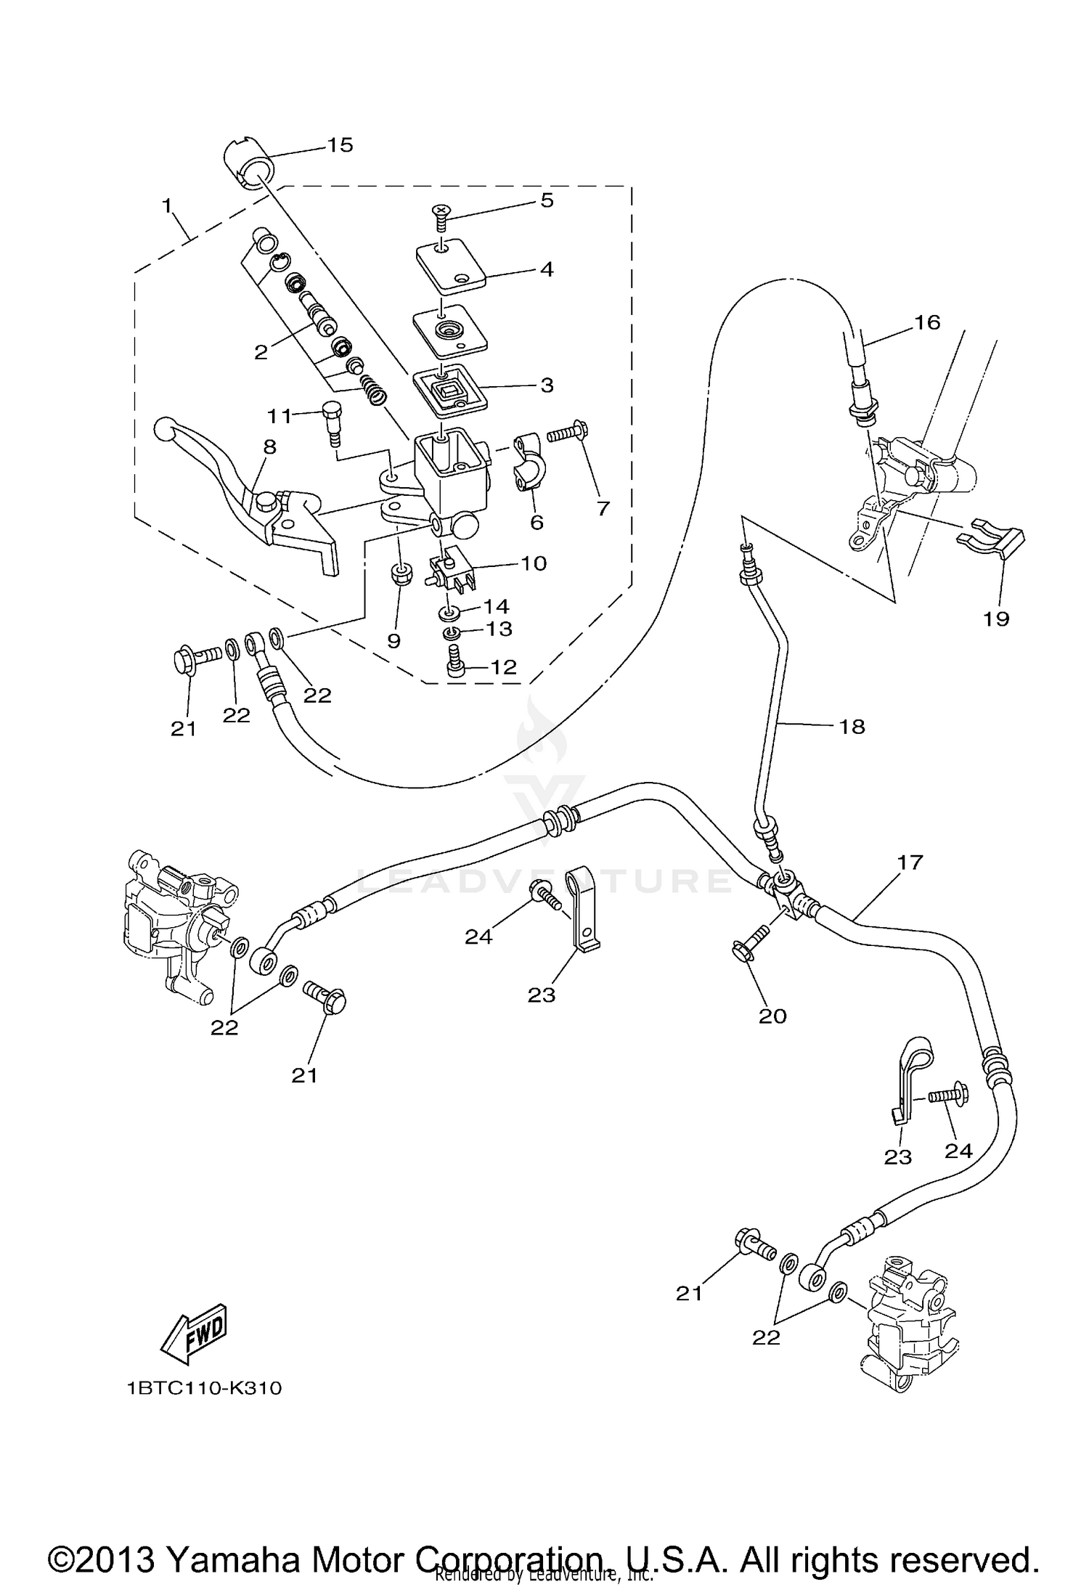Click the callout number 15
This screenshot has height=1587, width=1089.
click(x=339, y=145)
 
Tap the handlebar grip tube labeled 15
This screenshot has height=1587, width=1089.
click(x=247, y=165)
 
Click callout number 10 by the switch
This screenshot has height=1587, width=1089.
click(x=534, y=563)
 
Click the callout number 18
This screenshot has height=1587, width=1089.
click(x=852, y=726)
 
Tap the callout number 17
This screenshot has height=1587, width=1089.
click(x=909, y=862)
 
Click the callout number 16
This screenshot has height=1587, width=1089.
click(x=927, y=322)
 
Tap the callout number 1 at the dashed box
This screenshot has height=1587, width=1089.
click(x=168, y=206)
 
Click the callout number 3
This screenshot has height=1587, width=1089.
click(x=546, y=385)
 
